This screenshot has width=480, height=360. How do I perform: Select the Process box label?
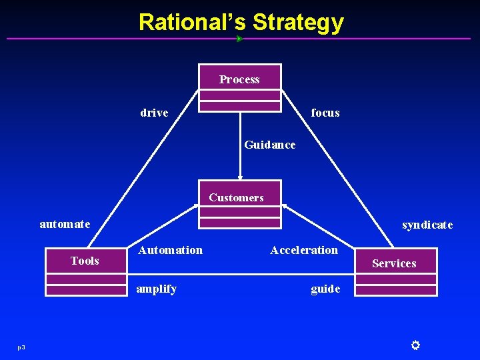pyautogui.click(x=240, y=79)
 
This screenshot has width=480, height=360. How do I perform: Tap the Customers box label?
pyautogui.click(x=236, y=197)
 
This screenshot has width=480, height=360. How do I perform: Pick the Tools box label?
pyautogui.click(x=85, y=261)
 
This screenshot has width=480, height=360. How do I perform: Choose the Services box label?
pyautogui.click(x=394, y=263)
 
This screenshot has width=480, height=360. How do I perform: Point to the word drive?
pyautogui.click(x=154, y=113)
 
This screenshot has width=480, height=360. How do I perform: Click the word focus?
pyautogui.click(x=325, y=113)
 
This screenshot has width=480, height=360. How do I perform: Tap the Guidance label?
pyautogui.click(x=270, y=145)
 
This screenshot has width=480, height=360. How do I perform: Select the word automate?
pyautogui.click(x=65, y=224)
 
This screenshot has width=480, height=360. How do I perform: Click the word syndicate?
pyautogui.click(x=427, y=225)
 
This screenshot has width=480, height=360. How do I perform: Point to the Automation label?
pyautogui.click(x=170, y=250)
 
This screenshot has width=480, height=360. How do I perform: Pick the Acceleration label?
pyautogui.click(x=304, y=250)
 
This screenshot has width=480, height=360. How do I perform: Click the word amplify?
pyautogui.click(x=156, y=289)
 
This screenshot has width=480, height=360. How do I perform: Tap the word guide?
pyautogui.click(x=325, y=289)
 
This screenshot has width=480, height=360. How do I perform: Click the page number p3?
pyautogui.click(x=21, y=347)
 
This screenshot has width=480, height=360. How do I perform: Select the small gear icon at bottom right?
pyautogui.click(x=415, y=345)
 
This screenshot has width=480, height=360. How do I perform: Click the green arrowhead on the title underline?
pyautogui.click(x=239, y=39)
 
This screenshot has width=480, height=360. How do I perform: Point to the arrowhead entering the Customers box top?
pyautogui.click(x=240, y=178)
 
